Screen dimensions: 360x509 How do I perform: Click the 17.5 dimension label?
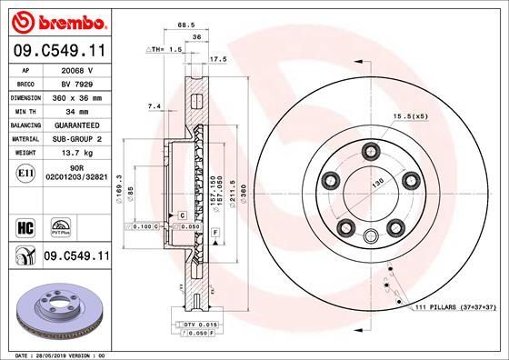219,60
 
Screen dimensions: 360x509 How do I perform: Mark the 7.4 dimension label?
154,107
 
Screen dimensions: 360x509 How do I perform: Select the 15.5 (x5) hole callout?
410,116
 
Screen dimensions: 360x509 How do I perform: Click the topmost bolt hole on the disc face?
369,151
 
